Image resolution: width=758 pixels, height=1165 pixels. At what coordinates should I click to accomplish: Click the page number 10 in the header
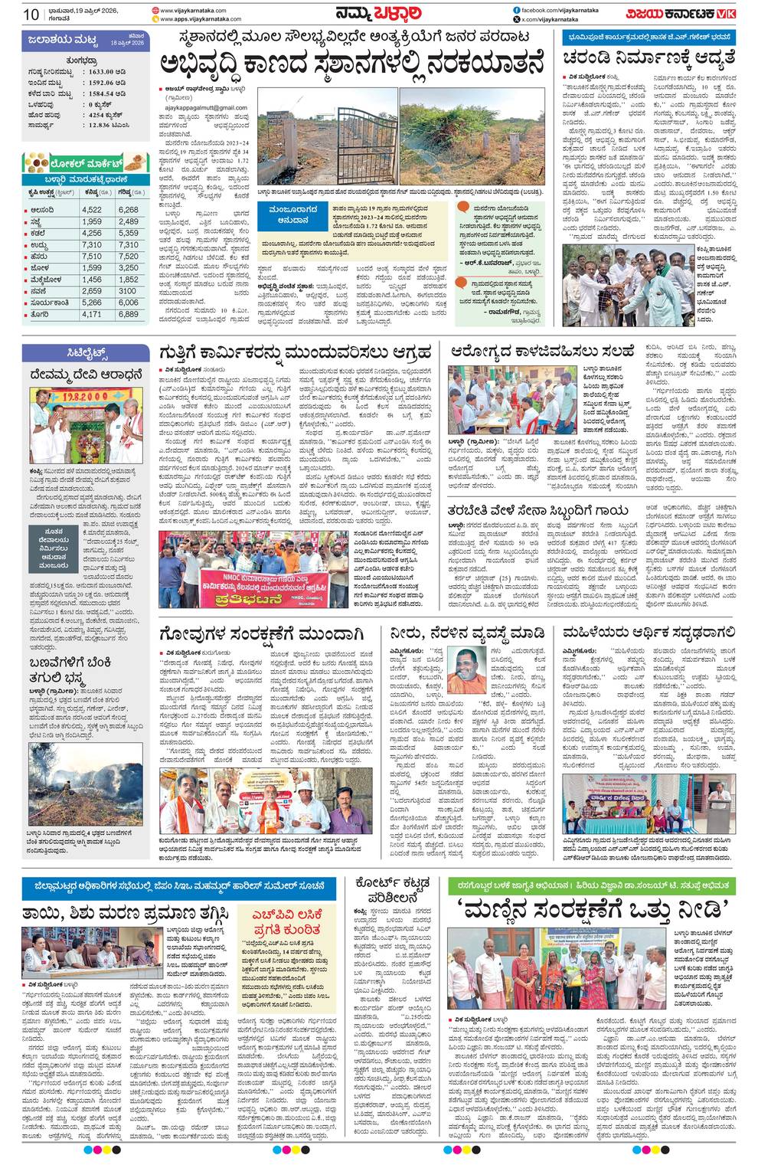(31, 15)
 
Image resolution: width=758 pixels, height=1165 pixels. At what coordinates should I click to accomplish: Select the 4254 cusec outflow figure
(106, 114)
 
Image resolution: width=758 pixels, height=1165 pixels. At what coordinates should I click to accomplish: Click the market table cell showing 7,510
(92, 257)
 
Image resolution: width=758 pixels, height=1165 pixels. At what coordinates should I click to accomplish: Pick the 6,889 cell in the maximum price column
(128, 314)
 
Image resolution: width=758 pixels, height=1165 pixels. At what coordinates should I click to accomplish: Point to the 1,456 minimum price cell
(92, 280)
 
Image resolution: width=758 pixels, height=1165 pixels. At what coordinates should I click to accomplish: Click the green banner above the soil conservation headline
(590, 885)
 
